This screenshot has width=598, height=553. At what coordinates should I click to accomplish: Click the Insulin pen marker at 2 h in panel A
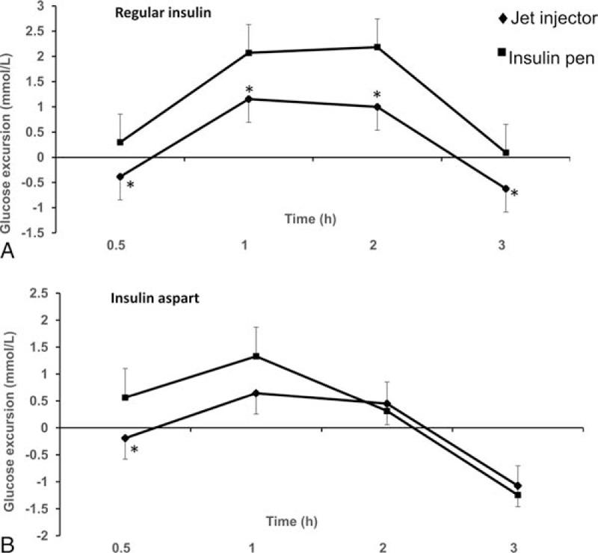click(x=377, y=47)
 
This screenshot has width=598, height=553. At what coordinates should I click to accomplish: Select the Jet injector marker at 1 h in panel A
click(x=248, y=99)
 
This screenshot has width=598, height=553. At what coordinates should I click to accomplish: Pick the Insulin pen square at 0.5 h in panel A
click(x=120, y=142)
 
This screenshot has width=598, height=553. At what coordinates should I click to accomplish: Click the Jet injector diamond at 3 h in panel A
click(x=506, y=188)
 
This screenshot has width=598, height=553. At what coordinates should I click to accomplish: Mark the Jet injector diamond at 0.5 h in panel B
click(x=126, y=438)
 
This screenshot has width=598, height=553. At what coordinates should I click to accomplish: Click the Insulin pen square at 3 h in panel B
click(x=517, y=495)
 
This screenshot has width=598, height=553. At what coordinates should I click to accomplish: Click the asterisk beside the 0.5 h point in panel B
click(x=135, y=450)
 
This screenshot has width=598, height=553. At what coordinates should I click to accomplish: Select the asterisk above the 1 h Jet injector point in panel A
click(x=249, y=90)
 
